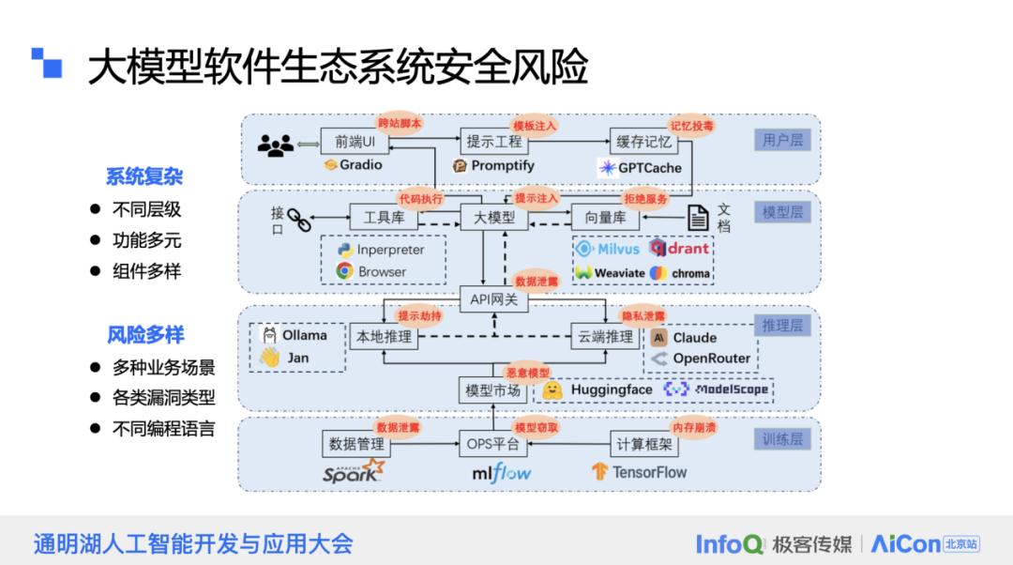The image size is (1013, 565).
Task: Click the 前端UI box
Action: point(354,142)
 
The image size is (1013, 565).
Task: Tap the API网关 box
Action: point(493,299)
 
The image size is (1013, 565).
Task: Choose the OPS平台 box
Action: point(493,444)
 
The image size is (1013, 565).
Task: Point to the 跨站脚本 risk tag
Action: point(400,124)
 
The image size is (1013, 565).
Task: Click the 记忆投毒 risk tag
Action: point(691,124)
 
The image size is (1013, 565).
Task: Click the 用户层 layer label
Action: point(782,141)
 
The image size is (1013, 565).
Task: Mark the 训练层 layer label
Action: point(782,439)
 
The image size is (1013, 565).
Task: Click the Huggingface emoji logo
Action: point(553,389)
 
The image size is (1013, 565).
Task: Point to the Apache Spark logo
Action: point(354,471)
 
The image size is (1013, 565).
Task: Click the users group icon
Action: point(275,145)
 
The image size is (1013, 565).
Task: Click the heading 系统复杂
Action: point(144,176)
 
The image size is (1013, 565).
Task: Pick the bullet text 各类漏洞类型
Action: point(163,398)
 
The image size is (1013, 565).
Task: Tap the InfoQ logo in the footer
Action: point(729,543)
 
